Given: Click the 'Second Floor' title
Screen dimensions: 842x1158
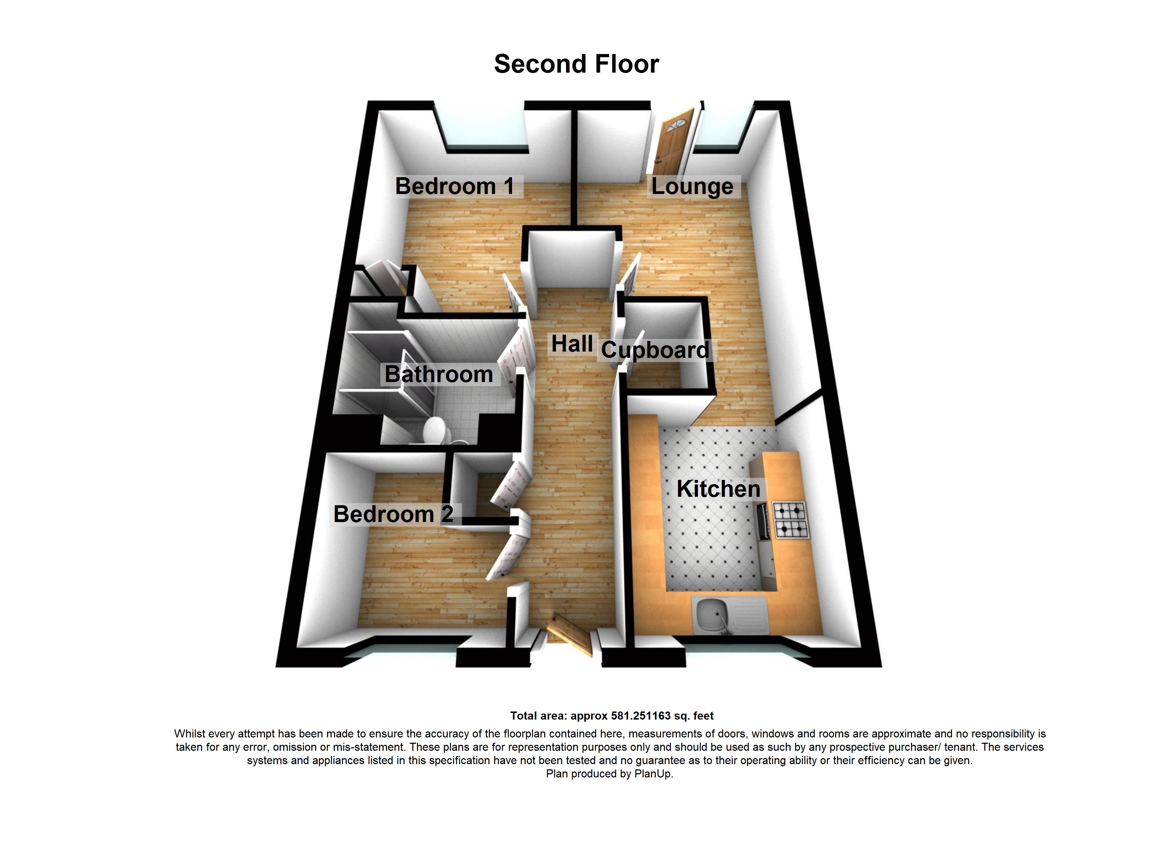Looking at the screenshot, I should coord(577,64).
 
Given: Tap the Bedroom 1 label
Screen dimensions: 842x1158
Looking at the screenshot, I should coord(454,186).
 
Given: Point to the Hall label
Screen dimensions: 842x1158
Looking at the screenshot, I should coord(572,344).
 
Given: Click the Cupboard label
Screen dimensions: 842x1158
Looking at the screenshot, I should coord(655,350).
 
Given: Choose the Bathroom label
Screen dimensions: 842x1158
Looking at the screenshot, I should coord(439,374).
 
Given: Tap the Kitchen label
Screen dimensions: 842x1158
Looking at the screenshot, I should coord(718,489).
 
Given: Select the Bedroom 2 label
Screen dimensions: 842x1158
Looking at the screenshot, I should coord(393,514).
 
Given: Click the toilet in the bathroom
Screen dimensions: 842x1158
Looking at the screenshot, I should coord(435,430).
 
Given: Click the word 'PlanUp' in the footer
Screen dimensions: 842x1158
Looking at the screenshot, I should coord(653,774).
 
